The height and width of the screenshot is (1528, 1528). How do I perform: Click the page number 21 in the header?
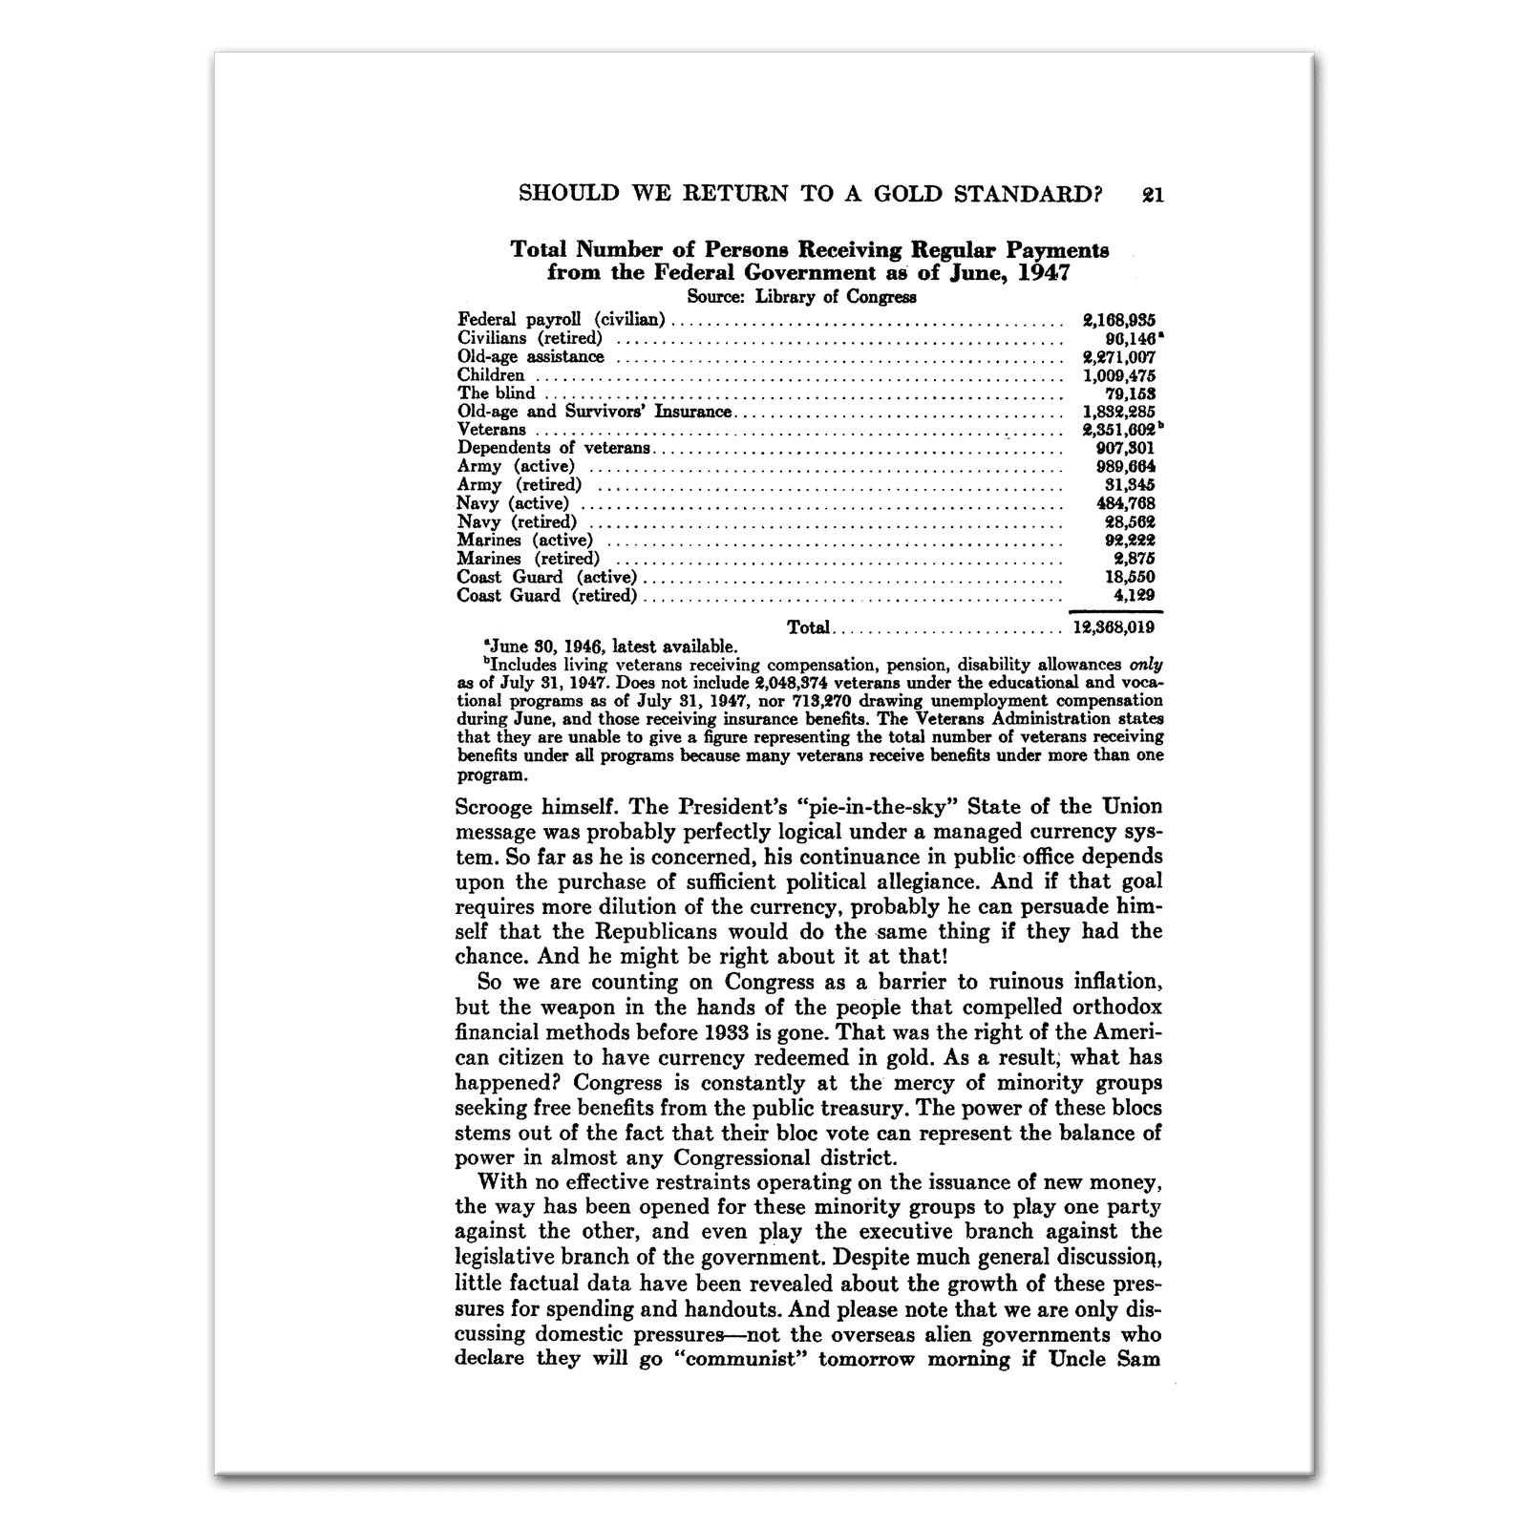click(1152, 195)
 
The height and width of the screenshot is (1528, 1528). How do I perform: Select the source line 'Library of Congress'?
click(836, 296)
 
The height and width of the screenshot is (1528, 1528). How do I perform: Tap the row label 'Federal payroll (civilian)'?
click(561, 320)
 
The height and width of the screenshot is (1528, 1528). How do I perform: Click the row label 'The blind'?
click(496, 393)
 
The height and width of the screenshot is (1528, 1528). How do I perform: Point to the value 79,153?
click(1130, 393)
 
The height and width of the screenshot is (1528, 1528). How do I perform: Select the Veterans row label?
click(491, 430)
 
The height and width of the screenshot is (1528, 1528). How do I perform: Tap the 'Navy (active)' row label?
click(512, 503)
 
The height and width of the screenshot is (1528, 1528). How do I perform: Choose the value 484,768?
click(1125, 503)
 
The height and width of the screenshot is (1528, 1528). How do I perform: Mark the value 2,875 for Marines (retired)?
click(1135, 559)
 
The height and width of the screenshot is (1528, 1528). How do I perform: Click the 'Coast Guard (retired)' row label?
click(546, 596)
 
